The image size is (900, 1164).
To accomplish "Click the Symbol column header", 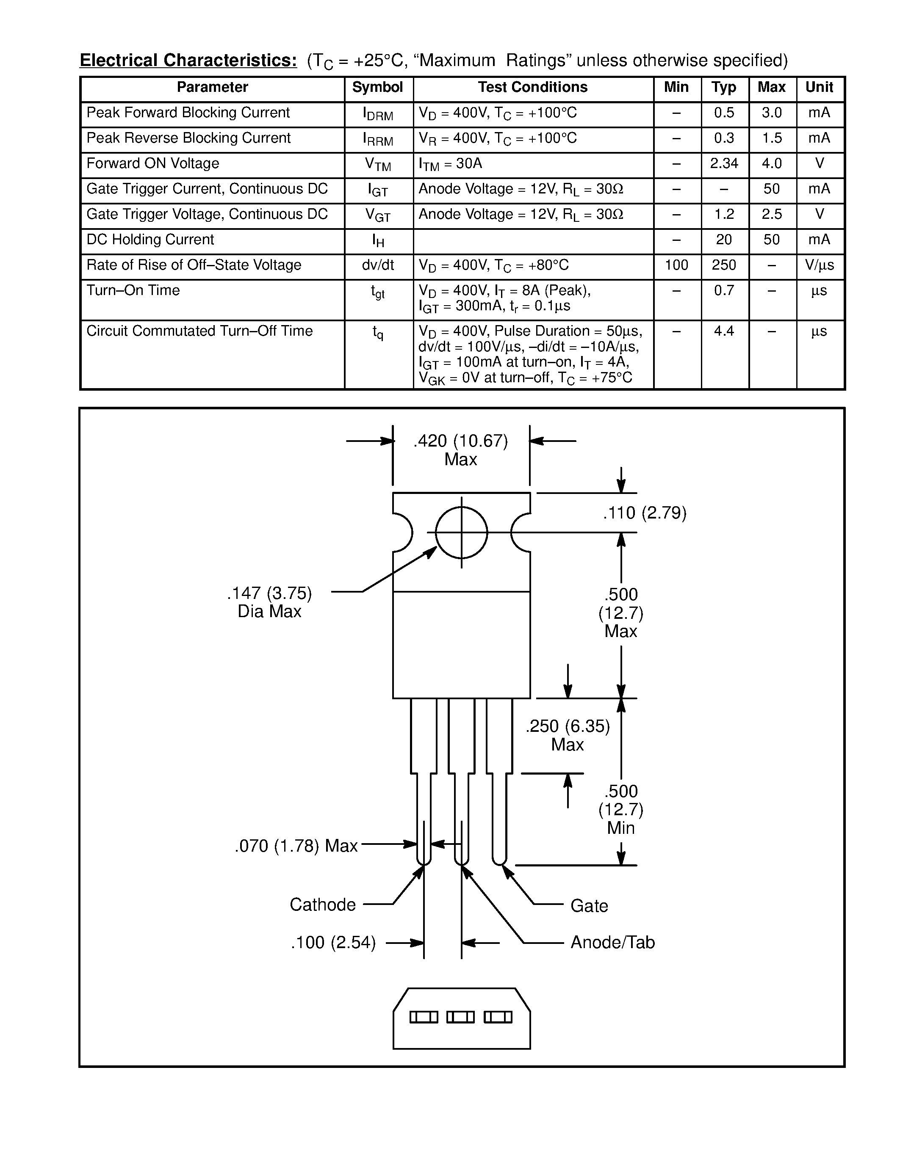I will click(377, 88).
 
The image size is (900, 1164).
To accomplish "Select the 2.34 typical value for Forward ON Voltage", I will click(723, 164).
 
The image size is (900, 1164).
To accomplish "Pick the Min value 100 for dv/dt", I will click(676, 265).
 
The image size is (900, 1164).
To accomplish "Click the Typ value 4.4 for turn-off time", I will click(723, 331).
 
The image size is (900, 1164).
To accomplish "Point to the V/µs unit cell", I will click(820, 265).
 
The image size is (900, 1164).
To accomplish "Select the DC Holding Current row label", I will click(150, 240).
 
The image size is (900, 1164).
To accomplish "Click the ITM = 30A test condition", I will click(451, 164).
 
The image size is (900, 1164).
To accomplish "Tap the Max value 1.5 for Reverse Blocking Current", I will click(772, 138).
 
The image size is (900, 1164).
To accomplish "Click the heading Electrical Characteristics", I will click(188, 60).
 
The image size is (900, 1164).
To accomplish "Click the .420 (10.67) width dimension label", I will click(461, 441).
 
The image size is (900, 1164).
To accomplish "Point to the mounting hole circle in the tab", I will click(461, 532).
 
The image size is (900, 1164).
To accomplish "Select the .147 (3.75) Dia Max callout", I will click(269, 602).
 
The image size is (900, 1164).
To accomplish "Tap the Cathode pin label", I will click(323, 905).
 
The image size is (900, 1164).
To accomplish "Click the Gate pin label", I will click(589, 905).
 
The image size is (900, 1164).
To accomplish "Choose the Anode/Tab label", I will click(612, 942).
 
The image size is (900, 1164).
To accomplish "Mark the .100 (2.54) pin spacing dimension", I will click(333, 943).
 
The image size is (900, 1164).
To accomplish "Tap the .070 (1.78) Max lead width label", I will click(296, 846).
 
